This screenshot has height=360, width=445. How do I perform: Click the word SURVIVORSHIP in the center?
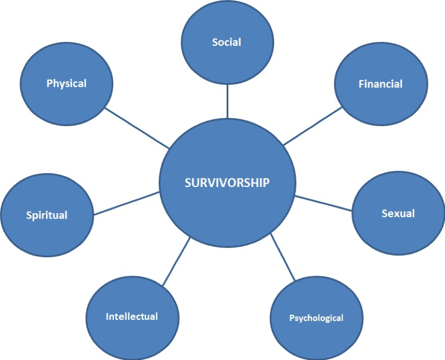pos(227,183)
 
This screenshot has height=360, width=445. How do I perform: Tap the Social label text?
pos(226,42)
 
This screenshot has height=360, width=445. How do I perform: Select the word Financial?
pos(380,84)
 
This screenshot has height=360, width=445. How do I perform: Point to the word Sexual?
pos(398,213)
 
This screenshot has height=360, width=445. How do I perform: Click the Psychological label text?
pos(316,318)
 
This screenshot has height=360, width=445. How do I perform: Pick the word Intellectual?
pos(132,316)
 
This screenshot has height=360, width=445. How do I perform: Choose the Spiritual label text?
pos(46,215)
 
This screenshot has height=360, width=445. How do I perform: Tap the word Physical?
pos(66,84)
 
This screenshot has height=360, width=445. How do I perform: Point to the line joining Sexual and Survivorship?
pos(324,203)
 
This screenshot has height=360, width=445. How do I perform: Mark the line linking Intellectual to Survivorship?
pos(176,261)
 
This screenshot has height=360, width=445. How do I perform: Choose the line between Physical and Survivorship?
pos(137,128)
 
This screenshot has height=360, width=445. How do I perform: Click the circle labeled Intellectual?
pos(132,338)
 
